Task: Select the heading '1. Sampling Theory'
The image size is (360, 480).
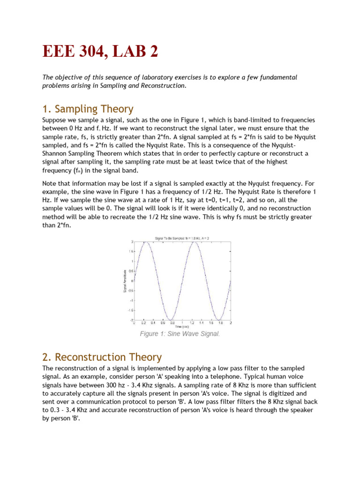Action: point(88,109)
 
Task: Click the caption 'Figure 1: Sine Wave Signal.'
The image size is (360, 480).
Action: point(180,334)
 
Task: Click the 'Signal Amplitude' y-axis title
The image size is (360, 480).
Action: point(125,281)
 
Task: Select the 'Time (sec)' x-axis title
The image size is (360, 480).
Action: point(182,327)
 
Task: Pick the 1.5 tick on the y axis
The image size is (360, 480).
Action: point(131,251)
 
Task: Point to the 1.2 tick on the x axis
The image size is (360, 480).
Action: point(192,323)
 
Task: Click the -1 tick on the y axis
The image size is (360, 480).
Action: point(132,300)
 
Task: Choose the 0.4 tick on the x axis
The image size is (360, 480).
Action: point(153,323)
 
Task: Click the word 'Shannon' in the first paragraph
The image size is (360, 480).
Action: point(56,153)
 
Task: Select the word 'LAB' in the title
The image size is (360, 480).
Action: point(133,51)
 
